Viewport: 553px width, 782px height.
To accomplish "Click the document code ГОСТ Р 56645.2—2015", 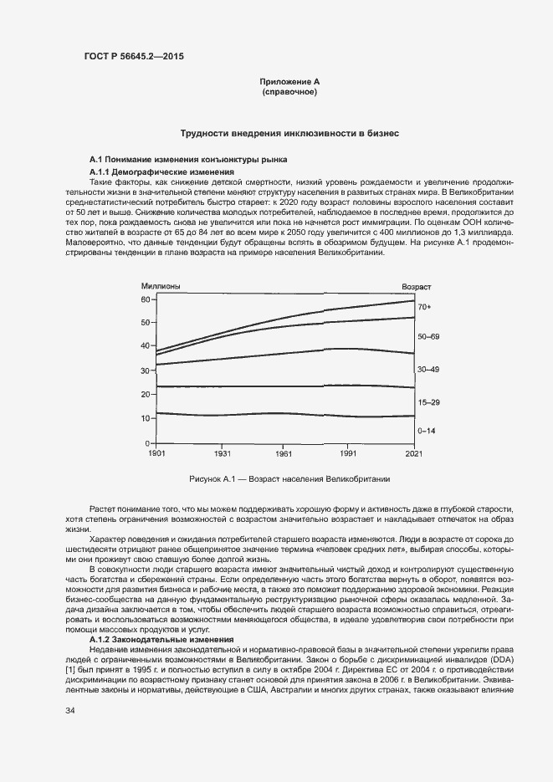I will pos(133,57).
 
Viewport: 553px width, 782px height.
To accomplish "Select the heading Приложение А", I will pos(289,81).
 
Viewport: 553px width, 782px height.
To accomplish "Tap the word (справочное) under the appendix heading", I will pos(289,91).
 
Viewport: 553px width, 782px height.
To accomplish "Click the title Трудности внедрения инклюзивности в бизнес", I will pos(289,134).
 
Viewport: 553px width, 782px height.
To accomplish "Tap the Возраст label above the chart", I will pos(416,287).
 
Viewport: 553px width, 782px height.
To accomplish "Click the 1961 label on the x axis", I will pos(285,452).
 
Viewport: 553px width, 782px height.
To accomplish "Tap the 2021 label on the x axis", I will pos(413,452).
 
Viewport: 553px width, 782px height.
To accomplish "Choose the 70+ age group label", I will pos(424,308).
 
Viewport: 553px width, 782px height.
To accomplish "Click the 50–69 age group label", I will pos(428,335).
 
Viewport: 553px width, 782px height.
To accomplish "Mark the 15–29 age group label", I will pos(428,402).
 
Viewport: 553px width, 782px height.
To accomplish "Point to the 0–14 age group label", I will pos(426,430).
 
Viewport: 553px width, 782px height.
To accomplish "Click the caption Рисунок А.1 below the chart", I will pos(288,479).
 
